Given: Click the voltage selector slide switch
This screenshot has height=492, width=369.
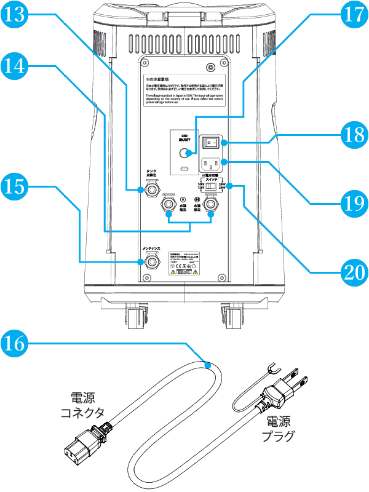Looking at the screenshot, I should (211, 186).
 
